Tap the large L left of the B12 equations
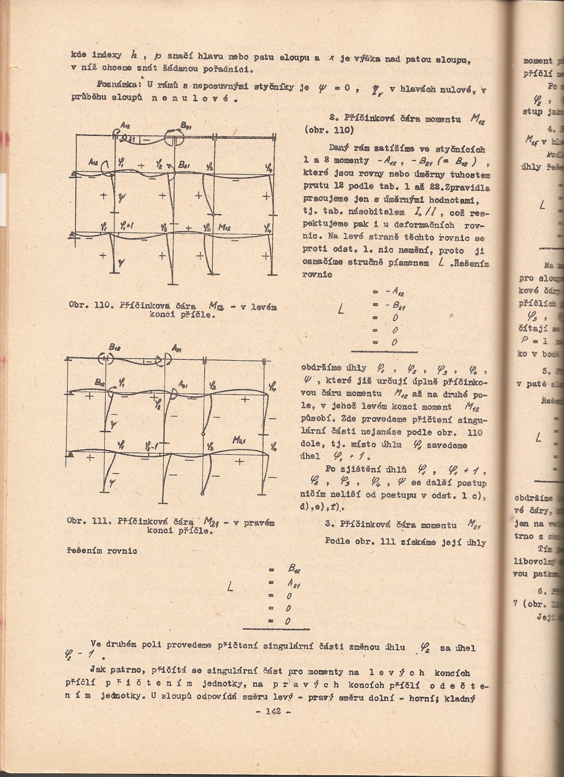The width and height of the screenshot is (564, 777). [x=230, y=588]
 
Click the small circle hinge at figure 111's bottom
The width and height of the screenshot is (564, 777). [x=202, y=494]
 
